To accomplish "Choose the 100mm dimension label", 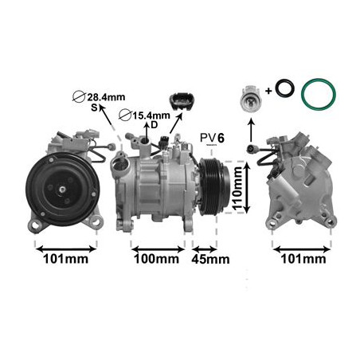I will click(x=155, y=260).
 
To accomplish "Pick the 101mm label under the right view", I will click(x=302, y=260).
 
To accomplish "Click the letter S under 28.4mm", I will click(x=93, y=108).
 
